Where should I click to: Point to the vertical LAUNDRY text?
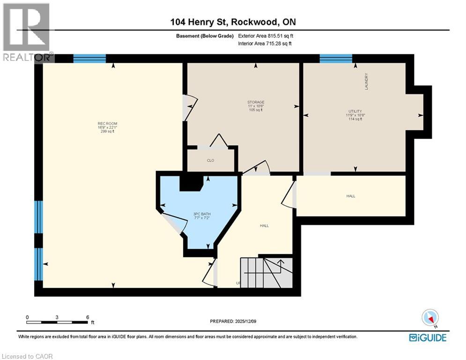(x=367, y=82)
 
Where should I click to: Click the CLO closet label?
(x=210, y=161)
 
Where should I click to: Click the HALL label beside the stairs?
(x=264, y=226)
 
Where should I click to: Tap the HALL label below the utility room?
(x=351, y=196)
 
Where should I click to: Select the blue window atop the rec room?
(x=89, y=59)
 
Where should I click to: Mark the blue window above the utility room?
(x=336, y=59)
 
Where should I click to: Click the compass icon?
(x=429, y=318)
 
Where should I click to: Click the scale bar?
(x=57, y=322)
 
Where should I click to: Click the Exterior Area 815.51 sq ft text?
(x=266, y=36)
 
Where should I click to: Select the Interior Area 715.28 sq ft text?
(x=266, y=44)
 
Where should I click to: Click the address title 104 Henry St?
(x=233, y=22)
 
